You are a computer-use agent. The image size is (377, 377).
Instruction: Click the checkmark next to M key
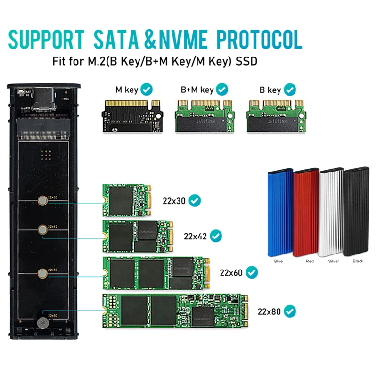click(x=147, y=89)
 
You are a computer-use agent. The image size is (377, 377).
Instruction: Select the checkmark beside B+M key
click(x=222, y=89)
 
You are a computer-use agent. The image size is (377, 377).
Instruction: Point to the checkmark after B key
click(x=289, y=89)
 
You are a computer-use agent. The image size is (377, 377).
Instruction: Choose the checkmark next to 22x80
click(x=290, y=311)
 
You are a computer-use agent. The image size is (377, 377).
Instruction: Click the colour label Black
click(x=358, y=261)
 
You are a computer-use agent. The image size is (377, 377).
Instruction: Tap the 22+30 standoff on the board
click(x=42, y=202)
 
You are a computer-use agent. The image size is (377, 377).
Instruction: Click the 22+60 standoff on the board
click(x=42, y=272)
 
